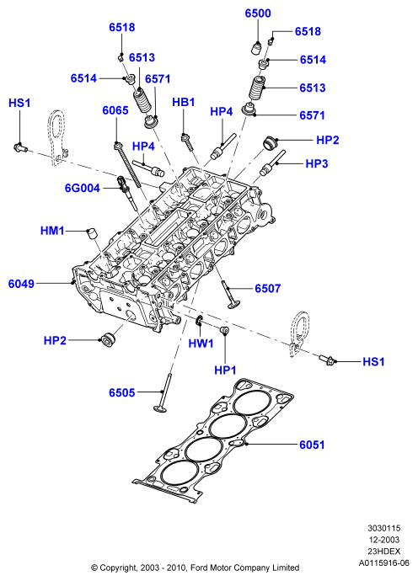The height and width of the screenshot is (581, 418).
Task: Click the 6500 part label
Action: click(x=258, y=13)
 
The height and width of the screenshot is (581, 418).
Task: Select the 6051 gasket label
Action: click(x=312, y=445)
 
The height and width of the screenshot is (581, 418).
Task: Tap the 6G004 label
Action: click(x=83, y=188)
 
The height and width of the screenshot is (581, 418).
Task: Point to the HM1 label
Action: click(x=52, y=231)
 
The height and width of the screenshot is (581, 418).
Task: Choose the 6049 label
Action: click(x=21, y=284)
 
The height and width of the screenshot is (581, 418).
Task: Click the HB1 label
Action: click(x=184, y=102)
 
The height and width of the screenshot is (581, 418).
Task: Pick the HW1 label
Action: click(x=201, y=344)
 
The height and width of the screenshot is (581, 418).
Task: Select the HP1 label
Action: click(x=225, y=370)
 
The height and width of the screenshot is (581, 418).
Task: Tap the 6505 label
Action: click(x=122, y=392)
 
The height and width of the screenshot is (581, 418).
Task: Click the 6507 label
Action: click(x=268, y=288)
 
